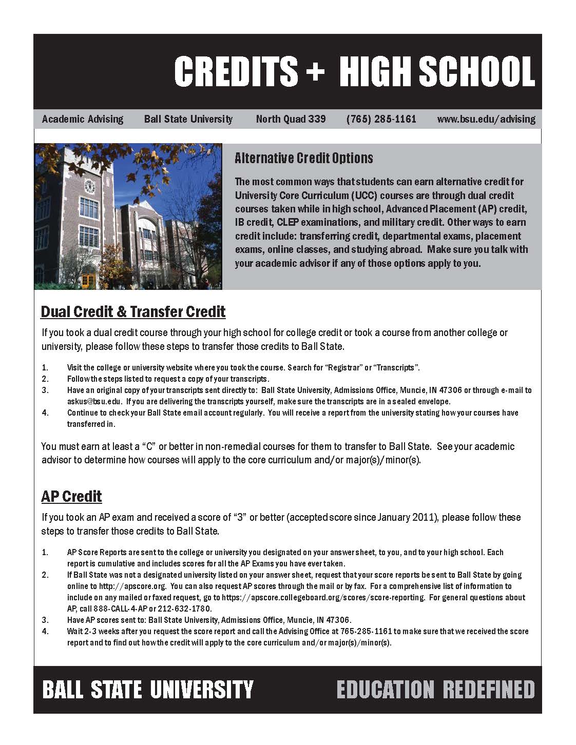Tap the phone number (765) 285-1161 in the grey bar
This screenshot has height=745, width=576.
click(381, 119)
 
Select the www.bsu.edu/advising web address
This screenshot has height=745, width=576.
click(486, 119)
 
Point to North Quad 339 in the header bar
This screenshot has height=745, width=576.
click(291, 119)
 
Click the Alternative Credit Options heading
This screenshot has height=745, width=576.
click(303, 158)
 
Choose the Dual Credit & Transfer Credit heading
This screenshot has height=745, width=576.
click(133, 311)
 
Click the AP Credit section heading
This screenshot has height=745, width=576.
click(71, 496)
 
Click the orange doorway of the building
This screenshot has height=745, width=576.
click(89, 280)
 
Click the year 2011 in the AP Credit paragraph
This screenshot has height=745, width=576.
click(424, 517)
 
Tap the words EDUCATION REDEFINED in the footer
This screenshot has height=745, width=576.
click(435, 689)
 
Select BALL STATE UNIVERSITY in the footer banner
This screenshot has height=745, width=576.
click(148, 689)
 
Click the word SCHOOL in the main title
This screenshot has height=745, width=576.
click(477, 71)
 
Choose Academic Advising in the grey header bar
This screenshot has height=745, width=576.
click(83, 119)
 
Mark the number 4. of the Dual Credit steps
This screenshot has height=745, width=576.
click(45, 413)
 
